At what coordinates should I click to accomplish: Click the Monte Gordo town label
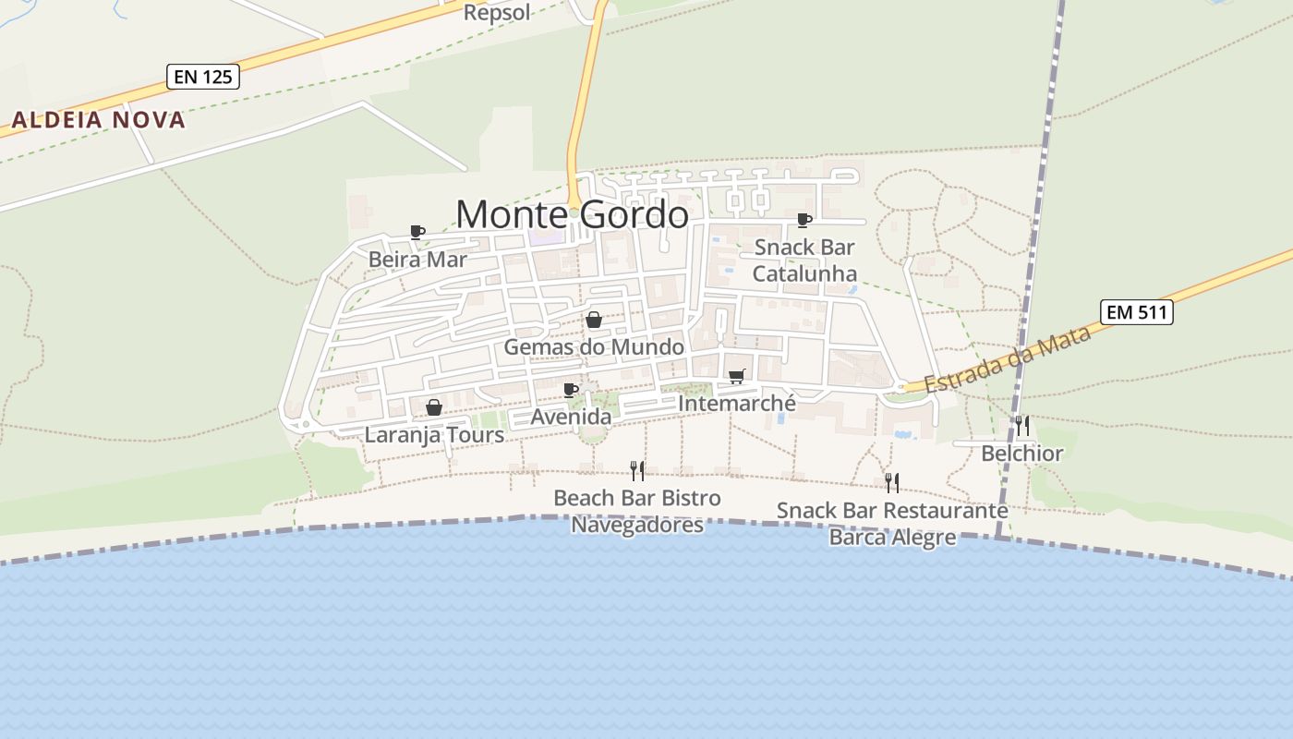[x=572, y=214]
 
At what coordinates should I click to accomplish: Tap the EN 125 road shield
[x=203, y=77]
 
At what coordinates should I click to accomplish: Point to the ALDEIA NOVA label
[x=99, y=120]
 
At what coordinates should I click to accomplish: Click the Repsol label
[x=497, y=12]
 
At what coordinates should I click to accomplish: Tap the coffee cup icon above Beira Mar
[x=417, y=232]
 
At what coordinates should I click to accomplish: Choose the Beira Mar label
[x=417, y=259]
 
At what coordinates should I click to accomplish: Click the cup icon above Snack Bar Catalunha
[x=804, y=220]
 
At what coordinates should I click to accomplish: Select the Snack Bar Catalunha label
[x=804, y=260]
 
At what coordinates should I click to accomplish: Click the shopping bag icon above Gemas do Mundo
[x=594, y=320]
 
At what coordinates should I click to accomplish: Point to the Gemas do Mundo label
[x=594, y=347]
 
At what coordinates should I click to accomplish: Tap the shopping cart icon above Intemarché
[x=737, y=376]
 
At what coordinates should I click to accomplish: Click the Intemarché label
[x=737, y=404]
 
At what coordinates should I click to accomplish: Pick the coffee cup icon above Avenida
[x=571, y=390]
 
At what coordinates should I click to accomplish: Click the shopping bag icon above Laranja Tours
[x=434, y=407]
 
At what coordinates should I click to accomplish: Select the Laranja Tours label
[x=434, y=434]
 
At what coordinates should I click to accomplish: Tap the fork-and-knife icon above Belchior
[x=1022, y=426]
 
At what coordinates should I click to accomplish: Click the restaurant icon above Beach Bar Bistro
[x=637, y=471]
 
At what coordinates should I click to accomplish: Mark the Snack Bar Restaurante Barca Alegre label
[x=892, y=523]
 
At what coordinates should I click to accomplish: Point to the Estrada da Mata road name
[x=1008, y=358]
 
